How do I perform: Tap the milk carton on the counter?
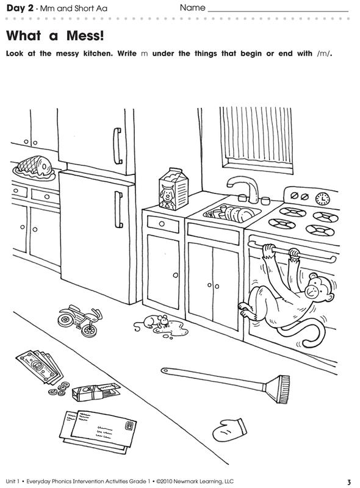[x=173, y=188]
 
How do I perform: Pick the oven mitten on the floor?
[x=229, y=429]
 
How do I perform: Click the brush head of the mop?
[x=278, y=389]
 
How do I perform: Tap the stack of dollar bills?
[x=39, y=367]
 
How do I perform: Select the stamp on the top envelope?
[x=129, y=425]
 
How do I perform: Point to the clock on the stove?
[x=323, y=198]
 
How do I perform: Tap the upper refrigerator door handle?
[x=117, y=146]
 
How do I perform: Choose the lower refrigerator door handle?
[x=118, y=209]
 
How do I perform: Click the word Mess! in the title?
[x=85, y=35]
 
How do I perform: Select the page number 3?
[x=349, y=482]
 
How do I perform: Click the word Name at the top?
[x=192, y=8]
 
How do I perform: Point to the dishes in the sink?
[x=232, y=213]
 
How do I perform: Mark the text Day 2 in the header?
[x=20, y=9]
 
